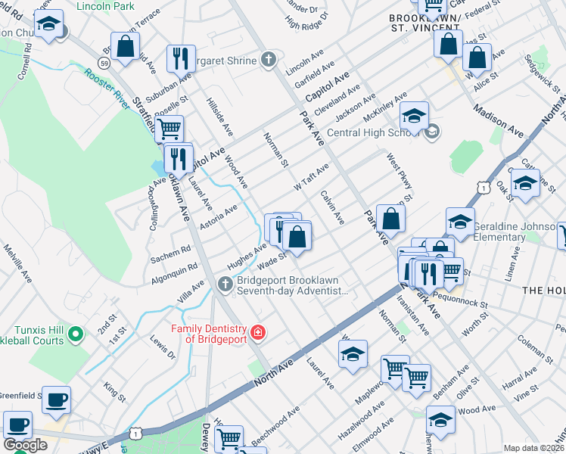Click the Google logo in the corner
(25, 445)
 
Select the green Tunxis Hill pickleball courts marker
(75, 332)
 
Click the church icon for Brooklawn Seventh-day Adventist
(224, 285)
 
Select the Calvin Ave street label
(332, 206)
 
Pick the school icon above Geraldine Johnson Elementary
(460, 221)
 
